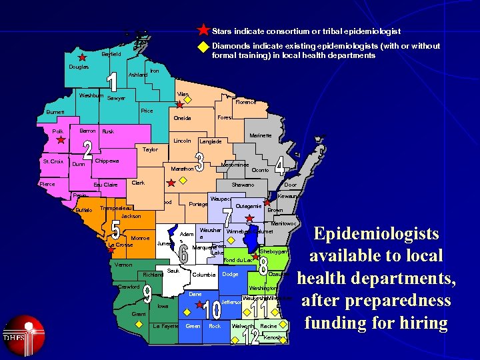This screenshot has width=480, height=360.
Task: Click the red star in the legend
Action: pyautogui.click(x=203, y=30)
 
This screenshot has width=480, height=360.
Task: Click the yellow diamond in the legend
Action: pyautogui.click(x=203, y=47)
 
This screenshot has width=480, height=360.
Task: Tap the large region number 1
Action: pyautogui.click(x=113, y=83)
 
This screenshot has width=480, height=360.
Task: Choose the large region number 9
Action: pyautogui.click(x=147, y=297)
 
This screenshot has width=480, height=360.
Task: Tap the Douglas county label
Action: pyautogui.click(x=79, y=67)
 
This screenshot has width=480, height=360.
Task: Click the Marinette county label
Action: pyautogui.click(x=260, y=136)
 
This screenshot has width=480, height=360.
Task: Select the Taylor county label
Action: pyautogui.click(x=151, y=149)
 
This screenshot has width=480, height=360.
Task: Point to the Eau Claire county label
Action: pyautogui.click(x=105, y=185)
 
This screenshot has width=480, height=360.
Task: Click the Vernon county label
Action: pyautogui.click(x=123, y=265)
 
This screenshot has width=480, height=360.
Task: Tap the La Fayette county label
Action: pyautogui.click(x=165, y=326)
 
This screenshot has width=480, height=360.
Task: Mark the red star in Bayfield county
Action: pyautogui.click(x=82, y=58)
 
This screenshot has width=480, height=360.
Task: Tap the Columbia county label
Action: pyautogui.click(x=203, y=275)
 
